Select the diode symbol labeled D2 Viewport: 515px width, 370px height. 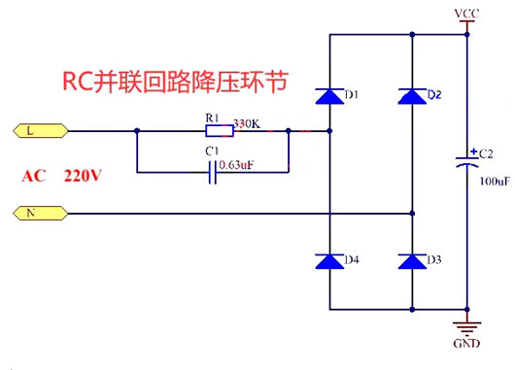point(412,95)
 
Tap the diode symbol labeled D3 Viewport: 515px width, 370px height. point(412,261)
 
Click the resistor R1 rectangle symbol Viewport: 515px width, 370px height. point(218,131)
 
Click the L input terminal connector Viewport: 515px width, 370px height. point(38,130)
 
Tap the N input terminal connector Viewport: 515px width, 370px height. point(38,211)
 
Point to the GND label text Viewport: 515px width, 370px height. point(468,344)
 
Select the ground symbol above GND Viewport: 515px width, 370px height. point(468,325)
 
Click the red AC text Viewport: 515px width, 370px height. point(34,177)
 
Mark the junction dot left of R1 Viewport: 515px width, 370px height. point(136,131)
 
